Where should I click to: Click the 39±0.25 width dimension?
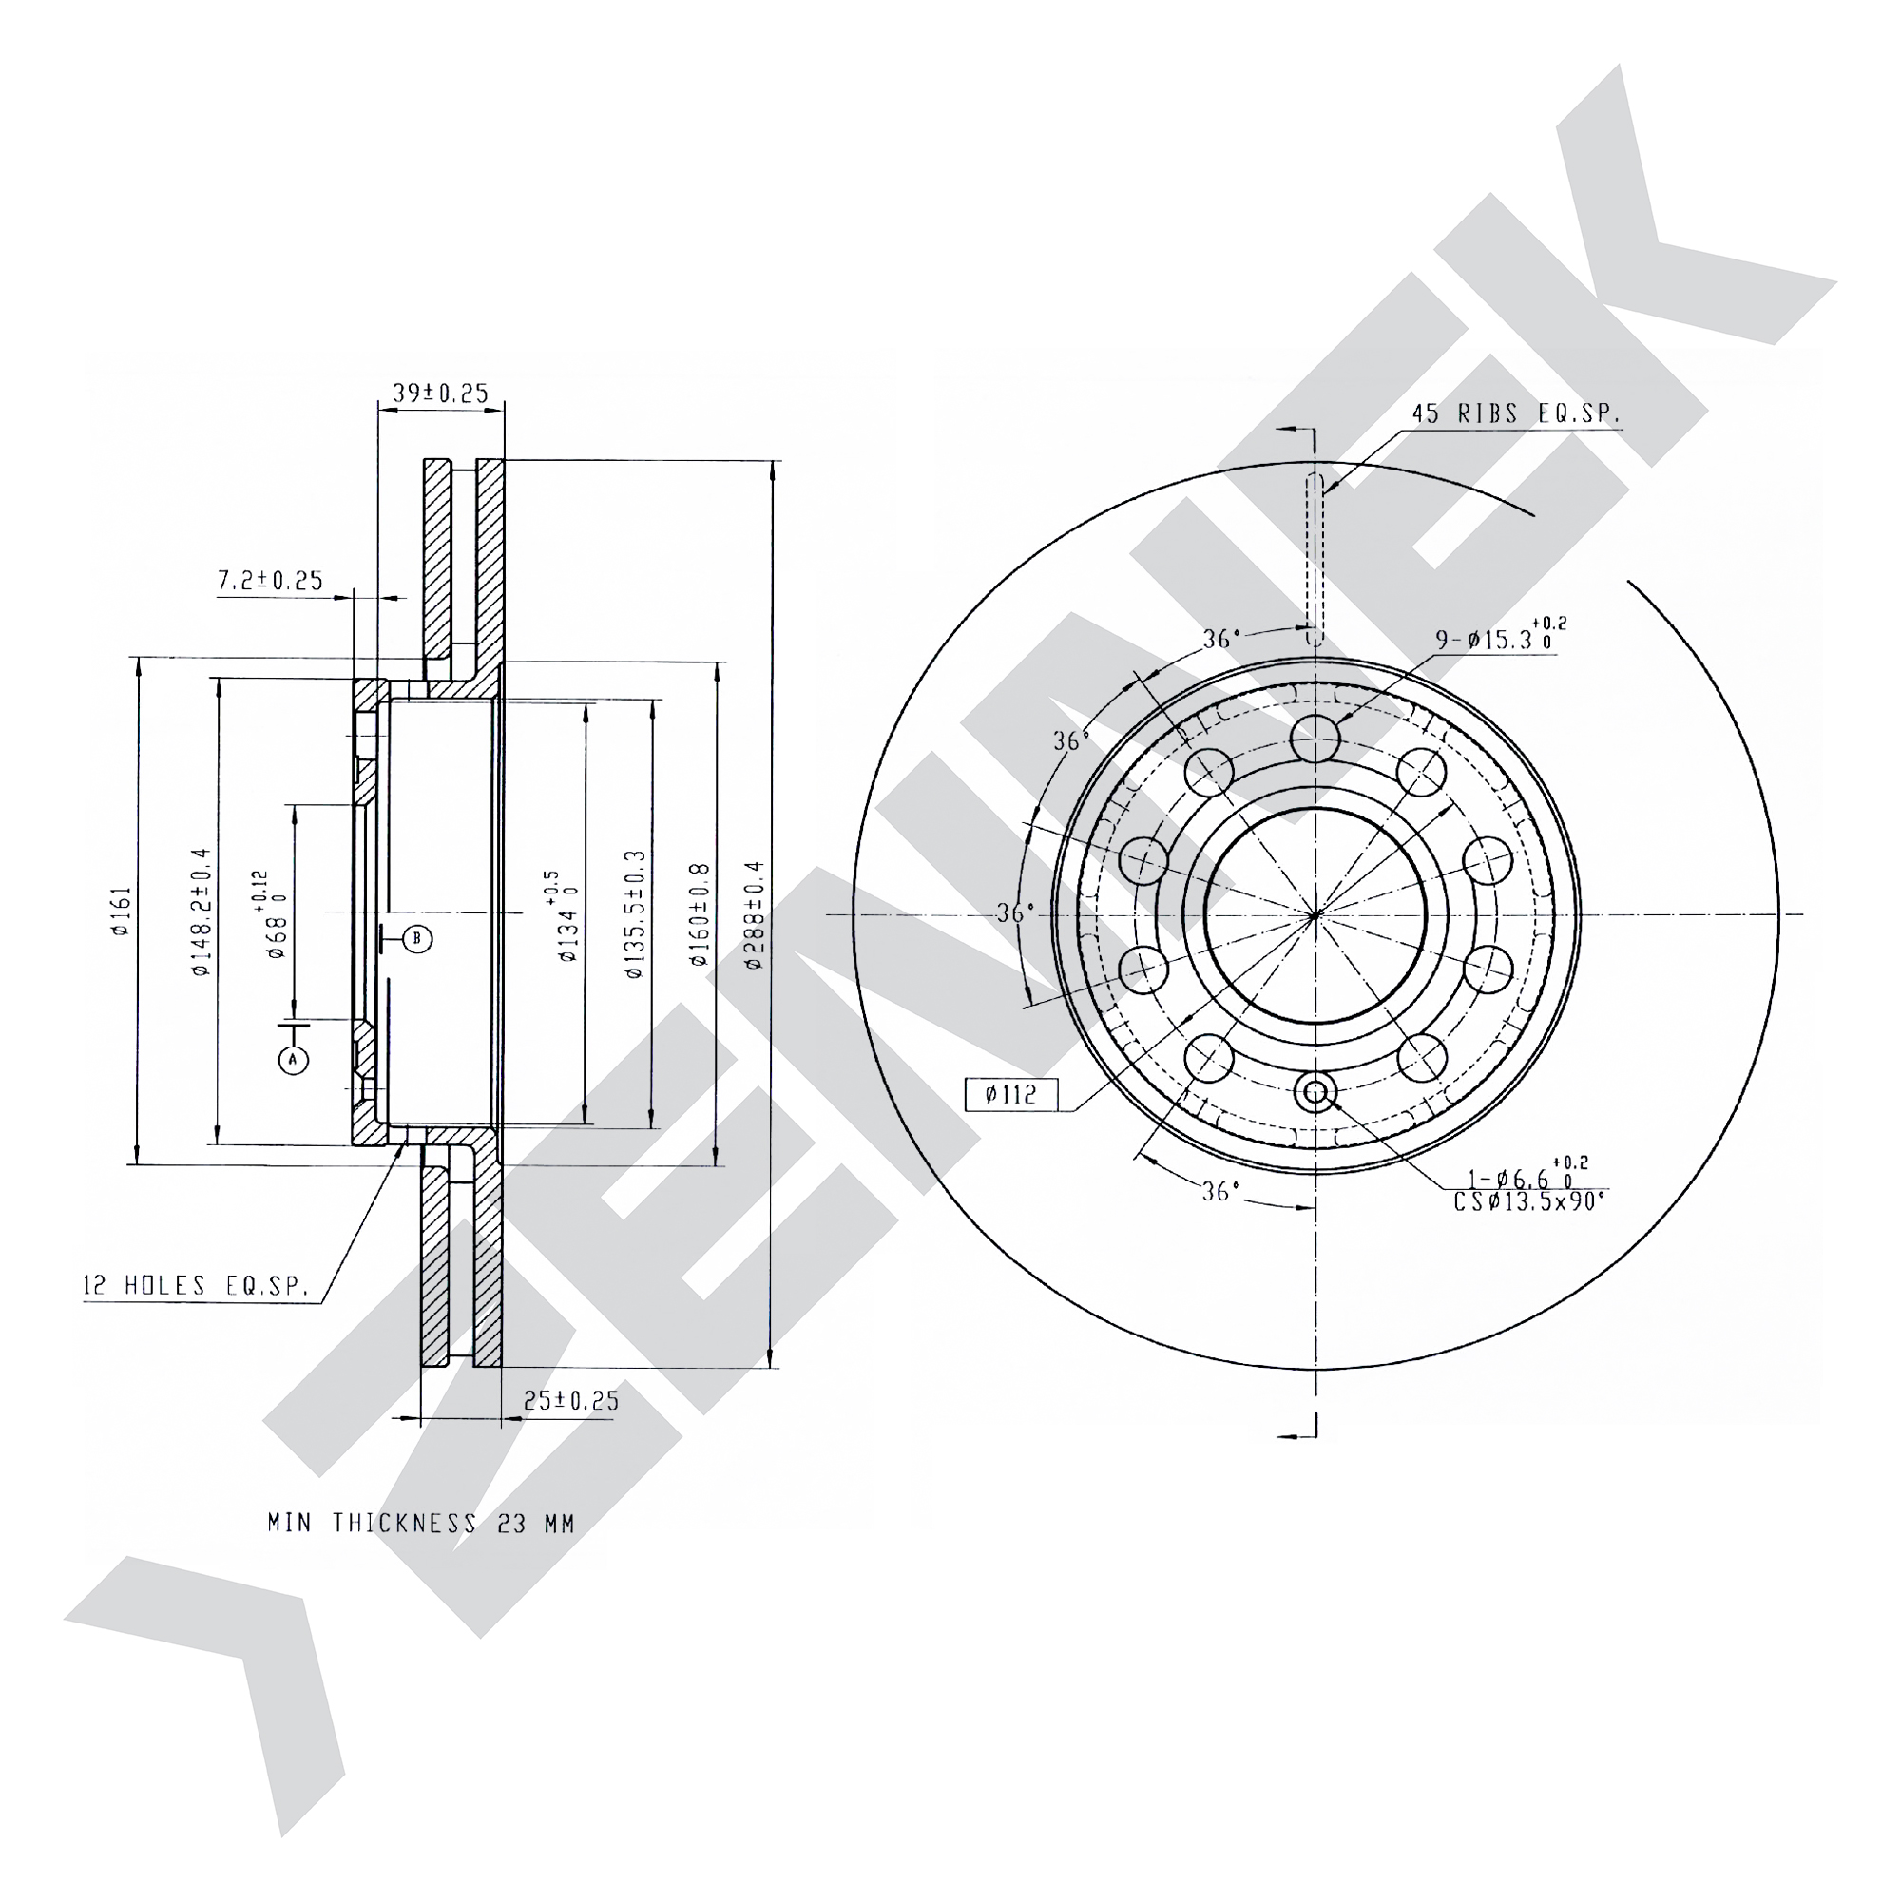[440, 393]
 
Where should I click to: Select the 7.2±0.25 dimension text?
[270, 581]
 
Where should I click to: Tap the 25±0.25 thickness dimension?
[570, 1400]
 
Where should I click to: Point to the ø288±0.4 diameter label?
[755, 915]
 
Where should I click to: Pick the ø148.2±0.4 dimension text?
[202, 912]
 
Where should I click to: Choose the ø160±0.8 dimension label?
[700, 914]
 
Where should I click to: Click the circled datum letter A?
[293, 1060]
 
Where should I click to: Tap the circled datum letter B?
[417, 939]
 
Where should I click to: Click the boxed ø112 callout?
[1010, 1094]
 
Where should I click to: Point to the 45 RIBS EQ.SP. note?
[1516, 413]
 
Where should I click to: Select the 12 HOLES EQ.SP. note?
[196, 1285]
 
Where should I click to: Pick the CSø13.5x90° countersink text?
[1530, 1201]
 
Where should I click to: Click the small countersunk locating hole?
[1315, 1091]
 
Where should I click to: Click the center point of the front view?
[1315, 915]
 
